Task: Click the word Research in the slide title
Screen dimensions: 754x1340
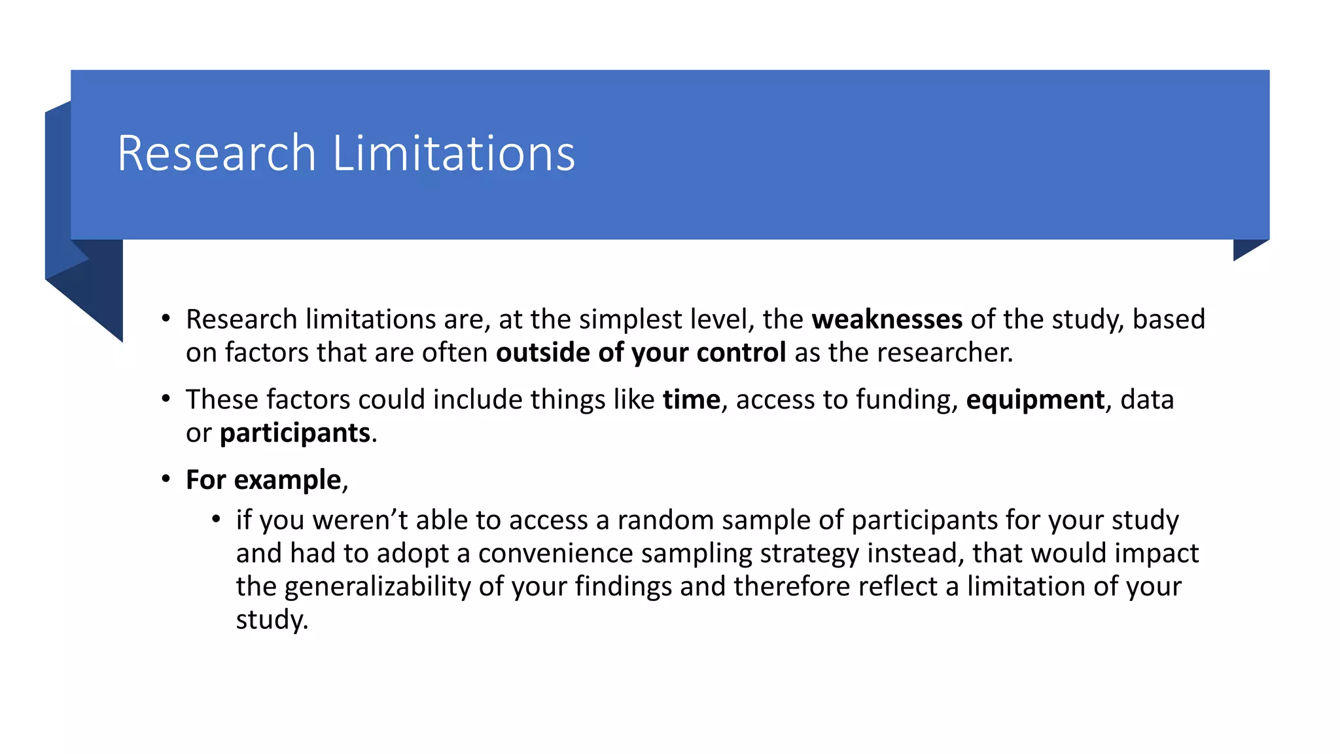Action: coord(217,153)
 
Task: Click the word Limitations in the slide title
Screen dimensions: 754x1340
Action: coord(454,153)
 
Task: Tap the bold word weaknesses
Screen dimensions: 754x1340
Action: coord(887,319)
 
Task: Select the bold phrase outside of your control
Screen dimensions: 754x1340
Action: coord(641,353)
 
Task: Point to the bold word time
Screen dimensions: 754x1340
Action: coord(691,400)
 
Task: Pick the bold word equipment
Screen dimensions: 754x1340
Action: coord(1035,400)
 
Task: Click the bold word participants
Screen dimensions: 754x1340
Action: coord(294,433)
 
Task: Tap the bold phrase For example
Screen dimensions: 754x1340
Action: coord(263,480)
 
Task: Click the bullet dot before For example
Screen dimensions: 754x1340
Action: coord(166,479)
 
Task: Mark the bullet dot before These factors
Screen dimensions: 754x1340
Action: coord(166,399)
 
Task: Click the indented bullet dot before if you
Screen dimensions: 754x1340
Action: coord(216,520)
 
